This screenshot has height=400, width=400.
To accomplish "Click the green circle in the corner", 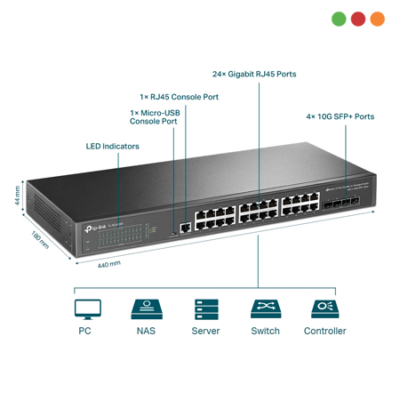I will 339,18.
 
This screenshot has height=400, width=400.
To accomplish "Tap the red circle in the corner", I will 358,18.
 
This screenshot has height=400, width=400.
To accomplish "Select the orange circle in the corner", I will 378,18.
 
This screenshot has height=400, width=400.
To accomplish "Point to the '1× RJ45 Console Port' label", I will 178,96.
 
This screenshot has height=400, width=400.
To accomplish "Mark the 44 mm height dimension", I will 17,195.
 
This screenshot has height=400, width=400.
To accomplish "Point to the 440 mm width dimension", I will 108,266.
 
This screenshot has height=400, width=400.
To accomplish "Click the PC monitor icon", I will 86,308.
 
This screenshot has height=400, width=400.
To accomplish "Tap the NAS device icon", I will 146,308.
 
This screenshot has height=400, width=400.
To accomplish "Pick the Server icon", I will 205,308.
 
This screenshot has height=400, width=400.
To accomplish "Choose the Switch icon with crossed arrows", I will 264,308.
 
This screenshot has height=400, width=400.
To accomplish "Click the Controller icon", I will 324,308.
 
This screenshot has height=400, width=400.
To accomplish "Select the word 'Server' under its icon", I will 205,332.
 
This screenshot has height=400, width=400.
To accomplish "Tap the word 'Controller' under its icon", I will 324,332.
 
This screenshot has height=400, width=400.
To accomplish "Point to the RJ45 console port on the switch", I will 183,227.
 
